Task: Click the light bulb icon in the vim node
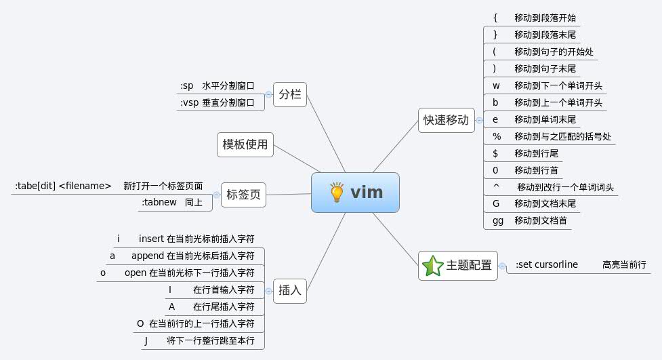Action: pyautogui.click(x=337, y=193)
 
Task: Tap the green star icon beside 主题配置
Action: pyautogui.click(x=431, y=265)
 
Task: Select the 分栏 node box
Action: pyautogui.click(x=290, y=95)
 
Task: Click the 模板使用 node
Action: pyautogui.click(x=245, y=144)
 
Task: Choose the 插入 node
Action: pyautogui.click(x=290, y=292)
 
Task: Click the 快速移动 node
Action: pyautogui.click(x=446, y=120)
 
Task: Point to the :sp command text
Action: pyautogui.click(x=187, y=86)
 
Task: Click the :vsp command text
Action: pyautogui.click(x=189, y=103)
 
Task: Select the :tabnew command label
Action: pyautogui.click(x=159, y=202)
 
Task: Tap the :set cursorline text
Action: pyautogui.click(x=547, y=264)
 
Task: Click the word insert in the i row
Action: pyautogui.click(x=152, y=239)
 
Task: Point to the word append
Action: pyautogui.click(x=148, y=256)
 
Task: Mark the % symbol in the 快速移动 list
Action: pyautogui.click(x=497, y=137)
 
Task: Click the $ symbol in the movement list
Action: pyautogui.click(x=495, y=153)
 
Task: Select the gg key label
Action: pyautogui.click(x=498, y=221)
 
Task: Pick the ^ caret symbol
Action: pyautogui.click(x=496, y=186)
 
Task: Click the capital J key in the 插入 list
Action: pyautogui.click(x=146, y=340)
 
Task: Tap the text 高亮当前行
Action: pyautogui.click(x=624, y=265)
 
